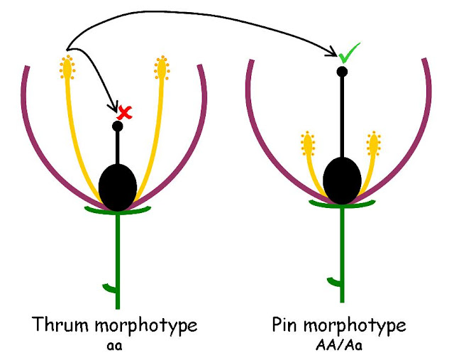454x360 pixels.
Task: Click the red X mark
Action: (x=126, y=111)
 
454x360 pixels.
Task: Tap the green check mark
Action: (x=348, y=53)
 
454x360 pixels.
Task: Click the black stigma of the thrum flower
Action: (x=118, y=126)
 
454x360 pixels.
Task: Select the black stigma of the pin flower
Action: (x=342, y=71)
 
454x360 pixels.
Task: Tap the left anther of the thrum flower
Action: (x=67, y=68)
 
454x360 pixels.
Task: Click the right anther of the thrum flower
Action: (x=161, y=68)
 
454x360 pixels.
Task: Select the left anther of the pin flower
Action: (x=309, y=145)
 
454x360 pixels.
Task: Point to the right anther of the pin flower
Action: (x=373, y=145)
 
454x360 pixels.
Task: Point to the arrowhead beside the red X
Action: (x=113, y=108)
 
